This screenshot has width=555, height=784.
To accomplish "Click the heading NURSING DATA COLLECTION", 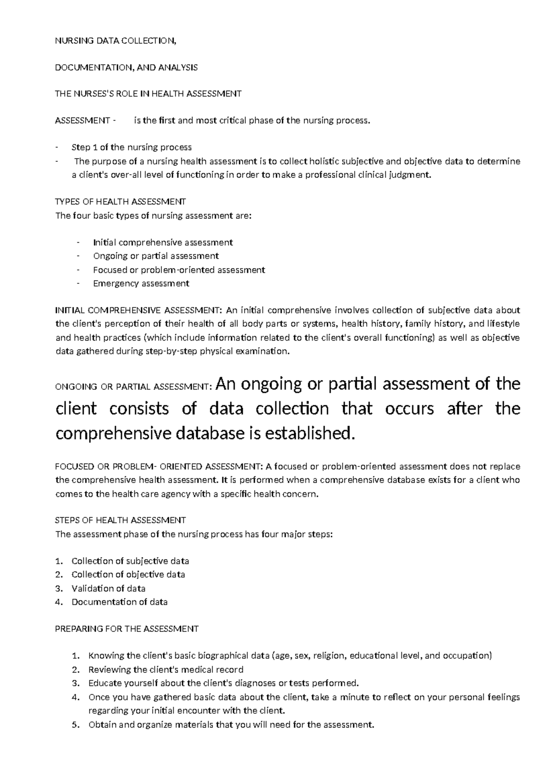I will [x=116, y=41].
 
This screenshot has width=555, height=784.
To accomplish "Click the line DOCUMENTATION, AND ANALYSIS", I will [x=126, y=67].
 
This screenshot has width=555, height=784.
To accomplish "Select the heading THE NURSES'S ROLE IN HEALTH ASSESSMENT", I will [x=148, y=94].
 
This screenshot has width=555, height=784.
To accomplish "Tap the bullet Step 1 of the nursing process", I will [x=131, y=147].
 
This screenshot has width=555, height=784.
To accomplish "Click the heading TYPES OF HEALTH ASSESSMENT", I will [x=120, y=202].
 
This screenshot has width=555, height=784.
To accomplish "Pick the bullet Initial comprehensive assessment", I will [x=163, y=242].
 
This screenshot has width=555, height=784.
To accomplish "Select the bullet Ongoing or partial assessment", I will [x=156, y=256].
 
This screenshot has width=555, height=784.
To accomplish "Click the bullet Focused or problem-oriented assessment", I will [x=179, y=269].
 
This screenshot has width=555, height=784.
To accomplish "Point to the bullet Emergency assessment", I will [x=141, y=283].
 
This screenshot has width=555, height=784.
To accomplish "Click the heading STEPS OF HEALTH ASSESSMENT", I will [x=120, y=520].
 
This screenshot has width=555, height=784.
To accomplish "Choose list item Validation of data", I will [x=108, y=588].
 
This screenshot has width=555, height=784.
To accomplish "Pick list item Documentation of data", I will [x=119, y=602].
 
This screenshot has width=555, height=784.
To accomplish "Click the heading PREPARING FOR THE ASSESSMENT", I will [x=127, y=629].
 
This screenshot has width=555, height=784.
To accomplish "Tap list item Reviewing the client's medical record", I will [x=166, y=669].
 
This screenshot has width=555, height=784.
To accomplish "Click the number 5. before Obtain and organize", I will [x=76, y=724].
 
